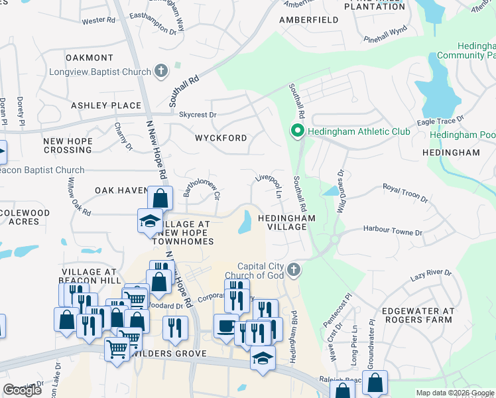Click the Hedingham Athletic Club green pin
point(298,132)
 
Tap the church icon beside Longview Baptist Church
point(160,71)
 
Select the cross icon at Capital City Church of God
point(294,269)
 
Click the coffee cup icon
point(225,326)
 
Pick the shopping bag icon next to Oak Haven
point(160,198)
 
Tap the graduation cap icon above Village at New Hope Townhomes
point(150,221)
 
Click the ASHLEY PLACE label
point(106,105)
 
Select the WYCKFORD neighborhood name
point(221,138)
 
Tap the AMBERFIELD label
point(309,21)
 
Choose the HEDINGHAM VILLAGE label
point(282,222)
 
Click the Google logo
point(23,390)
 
